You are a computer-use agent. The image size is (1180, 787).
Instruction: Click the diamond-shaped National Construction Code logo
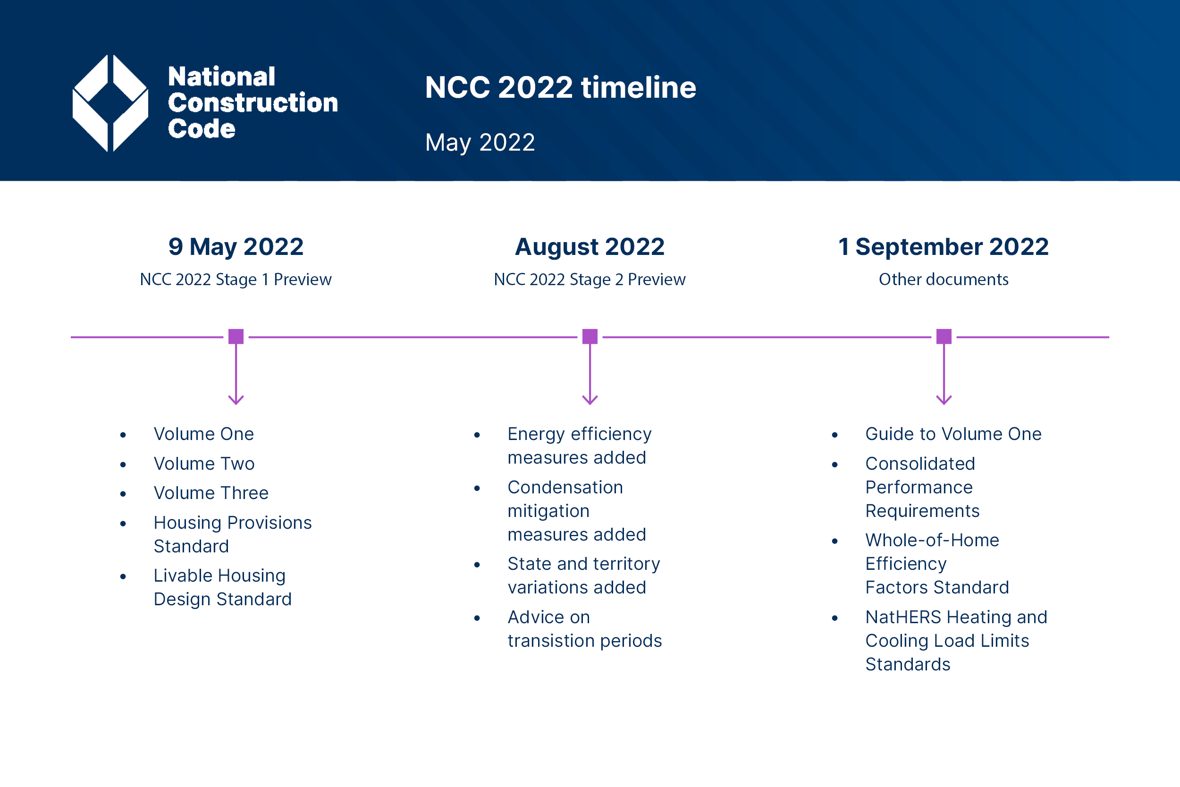[110, 103]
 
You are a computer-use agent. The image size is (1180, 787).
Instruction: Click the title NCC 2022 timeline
[560, 87]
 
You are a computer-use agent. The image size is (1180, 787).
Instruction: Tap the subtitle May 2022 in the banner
[480, 142]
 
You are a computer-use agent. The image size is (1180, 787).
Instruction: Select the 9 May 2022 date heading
[236, 247]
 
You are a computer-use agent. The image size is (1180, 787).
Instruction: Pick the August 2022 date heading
[590, 247]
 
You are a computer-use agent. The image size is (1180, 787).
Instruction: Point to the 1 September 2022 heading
[943, 247]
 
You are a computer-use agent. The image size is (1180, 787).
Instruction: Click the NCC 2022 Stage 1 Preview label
[236, 279]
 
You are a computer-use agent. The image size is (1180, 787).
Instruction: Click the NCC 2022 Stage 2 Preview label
[590, 279]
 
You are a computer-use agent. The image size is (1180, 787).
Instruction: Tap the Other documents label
[943, 279]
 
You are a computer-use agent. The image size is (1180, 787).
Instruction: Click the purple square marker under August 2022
[590, 337]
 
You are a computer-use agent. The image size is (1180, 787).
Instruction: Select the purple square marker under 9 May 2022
[236, 337]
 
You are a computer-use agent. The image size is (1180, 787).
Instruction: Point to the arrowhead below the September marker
[944, 400]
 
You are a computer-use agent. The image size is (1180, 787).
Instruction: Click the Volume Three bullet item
[211, 493]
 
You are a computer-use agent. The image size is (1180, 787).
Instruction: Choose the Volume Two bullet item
[204, 464]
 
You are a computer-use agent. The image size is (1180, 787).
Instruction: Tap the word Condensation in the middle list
[565, 487]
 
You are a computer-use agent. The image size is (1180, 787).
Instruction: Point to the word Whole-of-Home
[932, 541]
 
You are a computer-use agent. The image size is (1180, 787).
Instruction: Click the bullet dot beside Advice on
[477, 618]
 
